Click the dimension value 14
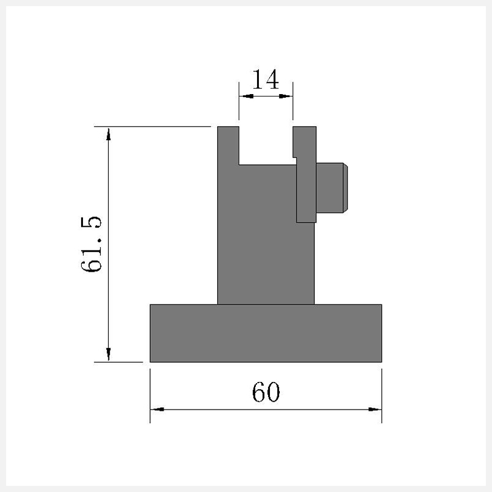pos(266,79)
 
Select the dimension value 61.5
pos(91,244)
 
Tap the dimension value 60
pos(266,392)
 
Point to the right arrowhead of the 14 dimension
pos(286,96)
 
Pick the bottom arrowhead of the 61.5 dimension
pos(109,355)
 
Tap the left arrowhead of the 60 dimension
pos(157,409)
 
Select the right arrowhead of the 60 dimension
pos(375,409)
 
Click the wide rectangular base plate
pos(266,333)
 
